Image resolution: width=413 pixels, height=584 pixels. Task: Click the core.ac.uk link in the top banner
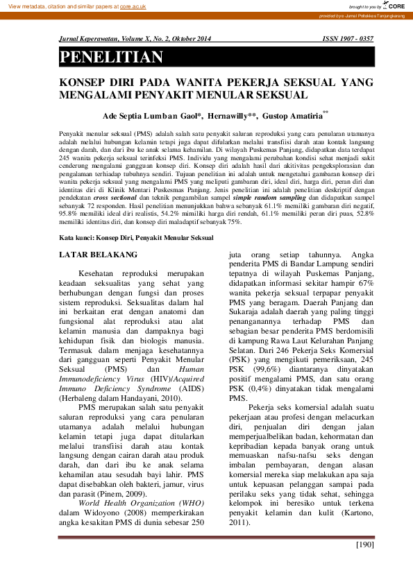point(132,6)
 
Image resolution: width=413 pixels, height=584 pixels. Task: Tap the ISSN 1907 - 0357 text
point(348,40)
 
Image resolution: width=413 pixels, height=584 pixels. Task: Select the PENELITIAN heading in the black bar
point(112,58)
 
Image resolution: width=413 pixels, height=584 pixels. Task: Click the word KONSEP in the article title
point(84,82)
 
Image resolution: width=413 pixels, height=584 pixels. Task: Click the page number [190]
point(364,544)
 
